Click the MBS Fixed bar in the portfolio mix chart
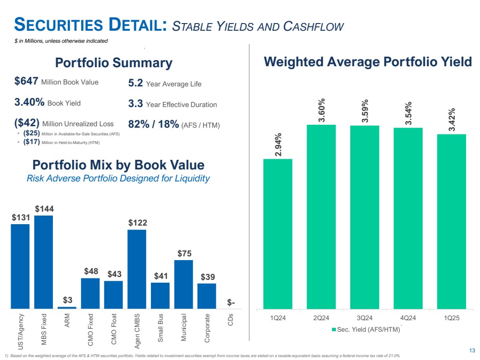tap(43, 262)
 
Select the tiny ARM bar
tap(67, 307)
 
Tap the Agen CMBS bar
tap(136, 269)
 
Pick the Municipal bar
tap(183, 284)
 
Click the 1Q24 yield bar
tap(278, 234)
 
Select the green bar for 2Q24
tap(321, 216)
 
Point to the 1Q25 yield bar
tap(451, 221)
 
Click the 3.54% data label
tap(408, 114)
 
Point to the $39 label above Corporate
tap(207, 277)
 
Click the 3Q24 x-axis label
tap(364, 317)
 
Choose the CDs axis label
tap(231, 320)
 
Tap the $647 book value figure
tap(26, 82)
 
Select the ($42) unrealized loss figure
tap(27, 123)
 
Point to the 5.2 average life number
tap(135, 84)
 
